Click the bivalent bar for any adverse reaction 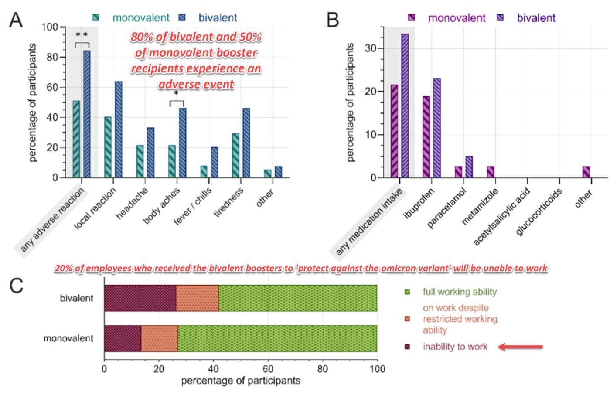pyautogui.click(x=87, y=114)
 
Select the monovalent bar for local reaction pyautogui.click(x=108, y=147)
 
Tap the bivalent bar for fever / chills pyautogui.click(x=214, y=162)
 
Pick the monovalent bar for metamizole pyautogui.click(x=491, y=172)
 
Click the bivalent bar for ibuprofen pyautogui.click(x=437, y=128)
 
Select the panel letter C pyautogui.click(x=16, y=286)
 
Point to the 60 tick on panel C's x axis pyautogui.click(x=268, y=369)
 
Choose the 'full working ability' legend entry pyautogui.click(x=460, y=292)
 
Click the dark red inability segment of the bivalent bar pyautogui.click(x=140, y=298)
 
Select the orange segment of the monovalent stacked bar pyautogui.click(x=160, y=338)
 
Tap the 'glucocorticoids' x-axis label pyautogui.click(x=538, y=211)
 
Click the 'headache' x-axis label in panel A pyautogui.click(x=132, y=204)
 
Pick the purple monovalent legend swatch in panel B pyautogui.click(x=411, y=18)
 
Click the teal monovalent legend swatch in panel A pyautogui.click(x=95, y=18)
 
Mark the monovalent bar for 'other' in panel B pyautogui.click(x=586, y=172)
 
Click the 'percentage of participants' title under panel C pyautogui.click(x=241, y=381)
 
